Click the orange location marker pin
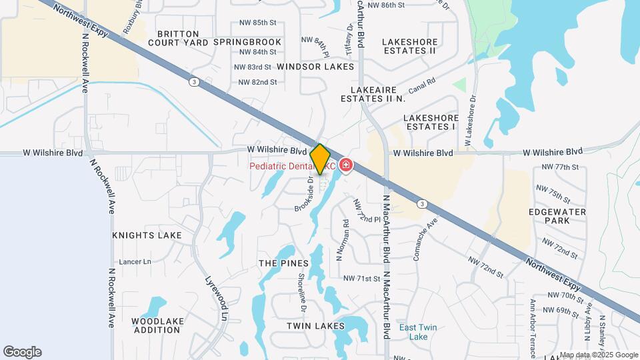click(320, 159)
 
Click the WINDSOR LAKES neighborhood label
click(316, 67)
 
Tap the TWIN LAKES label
click(315, 326)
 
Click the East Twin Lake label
click(418, 332)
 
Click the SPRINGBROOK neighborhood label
click(247, 42)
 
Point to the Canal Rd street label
click(421, 85)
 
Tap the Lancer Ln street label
click(135, 262)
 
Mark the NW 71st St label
click(361, 278)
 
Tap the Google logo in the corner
click(22, 352)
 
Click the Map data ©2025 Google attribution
click(598, 355)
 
